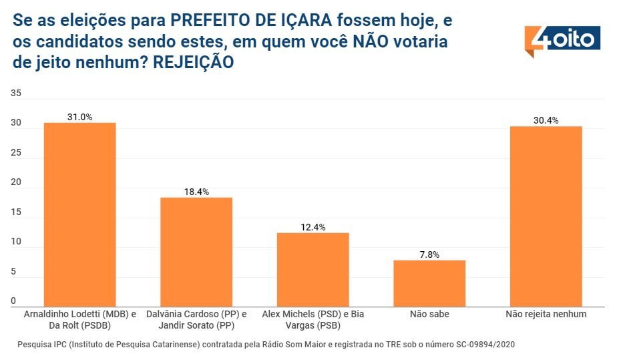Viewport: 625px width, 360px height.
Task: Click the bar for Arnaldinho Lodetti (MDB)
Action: pyautogui.click(x=79, y=214)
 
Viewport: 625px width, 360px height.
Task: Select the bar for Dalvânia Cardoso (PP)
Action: pyautogui.click(x=196, y=252)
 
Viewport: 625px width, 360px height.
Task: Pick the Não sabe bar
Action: pyautogui.click(x=429, y=283)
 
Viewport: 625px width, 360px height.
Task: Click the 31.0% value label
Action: pyautogui.click(x=79, y=117)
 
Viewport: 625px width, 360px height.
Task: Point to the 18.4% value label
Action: pyautogui.click(x=196, y=192)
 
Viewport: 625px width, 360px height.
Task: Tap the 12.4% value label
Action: pyautogui.click(x=312, y=227)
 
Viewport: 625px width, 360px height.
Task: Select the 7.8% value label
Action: pyautogui.click(x=429, y=254)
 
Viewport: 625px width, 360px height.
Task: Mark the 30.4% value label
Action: pyautogui.click(x=546, y=121)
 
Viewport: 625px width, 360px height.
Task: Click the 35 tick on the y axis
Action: pyautogui.click(x=17, y=94)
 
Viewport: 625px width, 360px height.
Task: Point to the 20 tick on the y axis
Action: pyautogui.click(x=17, y=182)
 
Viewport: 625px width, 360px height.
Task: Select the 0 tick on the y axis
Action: pyautogui.click(x=14, y=301)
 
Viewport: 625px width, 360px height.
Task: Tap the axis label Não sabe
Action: pyautogui.click(x=429, y=314)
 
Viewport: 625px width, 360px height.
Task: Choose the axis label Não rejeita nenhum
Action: pyautogui.click(x=546, y=314)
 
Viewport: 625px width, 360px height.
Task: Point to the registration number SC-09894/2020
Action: pyautogui.click(x=477, y=345)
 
